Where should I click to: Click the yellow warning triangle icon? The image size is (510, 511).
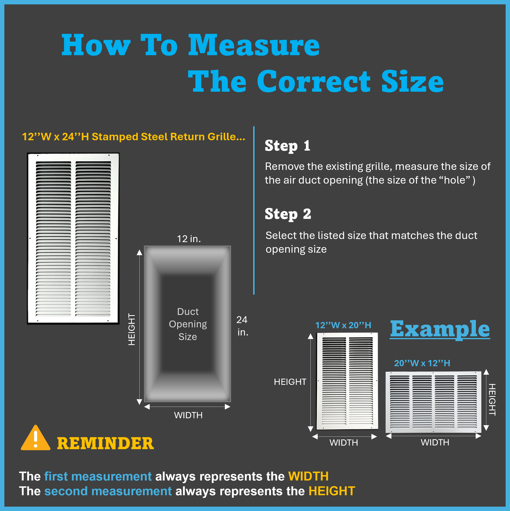(x=35, y=438)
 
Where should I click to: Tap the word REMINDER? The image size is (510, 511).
(x=105, y=443)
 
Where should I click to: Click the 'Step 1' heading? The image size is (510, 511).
(x=287, y=146)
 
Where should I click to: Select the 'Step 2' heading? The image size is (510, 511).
(x=288, y=214)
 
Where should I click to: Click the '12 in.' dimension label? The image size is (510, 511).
(x=189, y=239)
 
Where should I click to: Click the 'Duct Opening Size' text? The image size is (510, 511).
(x=188, y=324)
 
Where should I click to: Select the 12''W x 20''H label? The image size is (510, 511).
(x=343, y=325)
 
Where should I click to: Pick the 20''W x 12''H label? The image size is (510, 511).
(x=422, y=363)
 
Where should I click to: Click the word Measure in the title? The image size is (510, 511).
(x=254, y=45)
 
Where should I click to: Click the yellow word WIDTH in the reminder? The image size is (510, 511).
(x=308, y=476)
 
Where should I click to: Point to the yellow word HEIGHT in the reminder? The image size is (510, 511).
(x=332, y=491)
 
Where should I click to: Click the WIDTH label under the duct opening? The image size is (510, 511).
(x=188, y=415)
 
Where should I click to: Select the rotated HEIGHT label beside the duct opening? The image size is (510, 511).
(x=132, y=329)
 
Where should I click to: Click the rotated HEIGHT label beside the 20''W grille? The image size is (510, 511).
(x=492, y=400)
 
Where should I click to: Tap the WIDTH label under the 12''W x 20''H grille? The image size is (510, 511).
(x=344, y=442)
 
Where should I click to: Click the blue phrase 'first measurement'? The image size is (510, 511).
(x=98, y=476)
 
